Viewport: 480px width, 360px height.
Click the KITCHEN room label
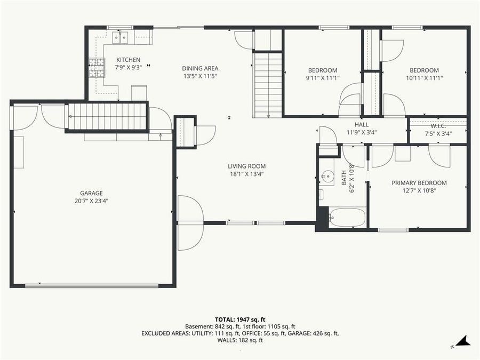[x=129, y=60]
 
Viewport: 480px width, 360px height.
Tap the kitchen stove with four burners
[x=97, y=67]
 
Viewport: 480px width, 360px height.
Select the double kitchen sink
[x=120, y=37]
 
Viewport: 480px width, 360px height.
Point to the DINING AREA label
[x=200, y=68]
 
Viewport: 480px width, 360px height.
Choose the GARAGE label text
[x=92, y=193]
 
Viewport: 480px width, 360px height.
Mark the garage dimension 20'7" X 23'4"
[x=92, y=201]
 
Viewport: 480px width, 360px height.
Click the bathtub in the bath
[x=347, y=218]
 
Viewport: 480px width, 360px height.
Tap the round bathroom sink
[x=327, y=177]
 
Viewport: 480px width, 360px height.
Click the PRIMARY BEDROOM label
[x=419, y=183]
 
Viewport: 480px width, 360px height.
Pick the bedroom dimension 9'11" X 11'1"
[x=323, y=78]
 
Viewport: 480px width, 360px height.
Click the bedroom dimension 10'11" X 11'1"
[x=424, y=78]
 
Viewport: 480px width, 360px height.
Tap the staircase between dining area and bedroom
[x=268, y=84]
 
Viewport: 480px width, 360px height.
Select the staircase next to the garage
[x=107, y=116]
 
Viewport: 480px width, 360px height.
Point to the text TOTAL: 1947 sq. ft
[x=240, y=318]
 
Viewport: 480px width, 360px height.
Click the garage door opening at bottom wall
[x=92, y=286]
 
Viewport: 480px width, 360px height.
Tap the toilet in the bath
[x=322, y=194]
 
